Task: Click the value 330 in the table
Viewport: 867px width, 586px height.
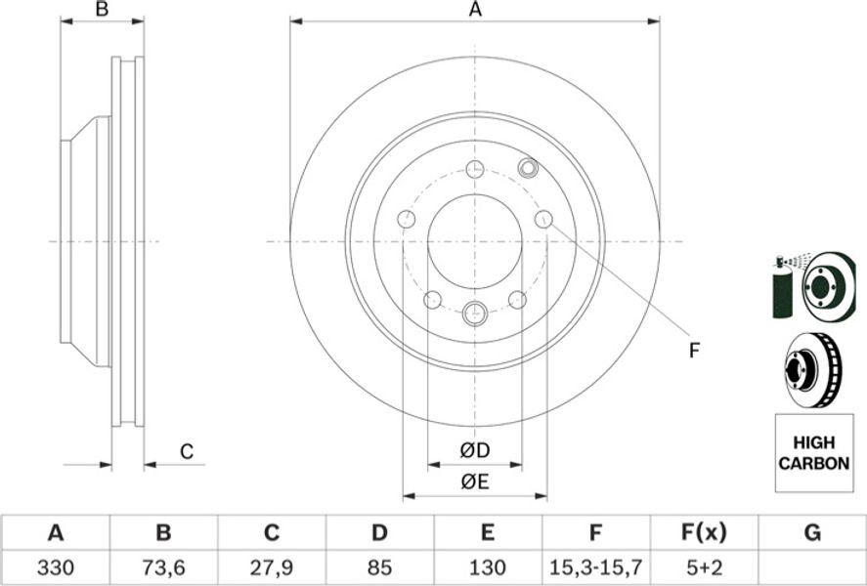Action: pyautogui.click(x=56, y=566)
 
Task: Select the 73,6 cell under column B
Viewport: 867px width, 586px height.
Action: pyautogui.click(x=163, y=566)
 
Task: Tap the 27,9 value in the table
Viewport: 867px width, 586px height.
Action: pyautogui.click(x=271, y=566)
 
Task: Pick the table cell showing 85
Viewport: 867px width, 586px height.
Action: pyautogui.click(x=378, y=566)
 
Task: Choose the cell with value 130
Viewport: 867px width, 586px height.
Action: pyautogui.click(x=487, y=566)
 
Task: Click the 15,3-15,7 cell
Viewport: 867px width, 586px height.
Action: pyautogui.click(x=595, y=566)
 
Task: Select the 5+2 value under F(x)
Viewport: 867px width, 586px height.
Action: pyautogui.click(x=703, y=566)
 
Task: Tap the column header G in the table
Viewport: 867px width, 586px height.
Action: pyautogui.click(x=811, y=533)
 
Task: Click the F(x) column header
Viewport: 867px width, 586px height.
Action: pyautogui.click(x=704, y=533)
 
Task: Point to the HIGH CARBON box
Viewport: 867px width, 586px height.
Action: pyautogui.click(x=814, y=453)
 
